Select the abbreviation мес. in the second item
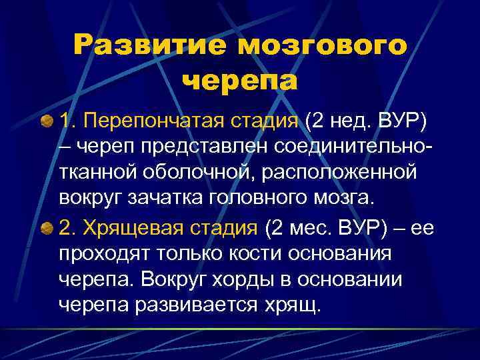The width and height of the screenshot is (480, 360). point(302,230)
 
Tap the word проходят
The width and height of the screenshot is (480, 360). point(107,255)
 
